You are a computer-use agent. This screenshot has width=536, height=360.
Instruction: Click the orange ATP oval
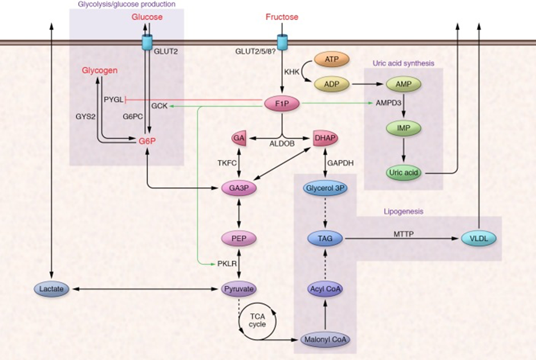click(332, 59)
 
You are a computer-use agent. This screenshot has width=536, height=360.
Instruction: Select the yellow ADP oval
click(332, 84)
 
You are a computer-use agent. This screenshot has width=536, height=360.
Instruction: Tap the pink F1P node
click(282, 103)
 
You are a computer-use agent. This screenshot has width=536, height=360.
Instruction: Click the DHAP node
click(325, 138)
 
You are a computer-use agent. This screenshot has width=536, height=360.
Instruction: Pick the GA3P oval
click(239, 188)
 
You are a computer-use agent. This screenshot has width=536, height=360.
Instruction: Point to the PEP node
click(239, 238)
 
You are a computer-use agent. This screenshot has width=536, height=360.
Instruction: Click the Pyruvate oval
click(239, 289)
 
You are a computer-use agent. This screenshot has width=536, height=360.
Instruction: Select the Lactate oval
click(52, 289)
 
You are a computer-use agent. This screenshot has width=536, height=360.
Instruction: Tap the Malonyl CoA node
click(325, 340)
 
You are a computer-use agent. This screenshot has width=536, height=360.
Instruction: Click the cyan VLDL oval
click(479, 238)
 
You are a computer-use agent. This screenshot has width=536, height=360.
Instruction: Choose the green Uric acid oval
click(404, 173)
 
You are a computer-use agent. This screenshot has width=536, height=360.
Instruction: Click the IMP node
click(404, 128)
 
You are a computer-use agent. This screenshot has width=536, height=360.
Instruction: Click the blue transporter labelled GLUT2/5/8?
click(282, 42)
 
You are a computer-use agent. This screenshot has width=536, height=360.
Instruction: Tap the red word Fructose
click(282, 17)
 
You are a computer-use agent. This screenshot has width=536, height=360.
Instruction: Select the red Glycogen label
click(100, 71)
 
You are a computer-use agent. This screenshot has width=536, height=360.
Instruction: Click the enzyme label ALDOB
click(282, 144)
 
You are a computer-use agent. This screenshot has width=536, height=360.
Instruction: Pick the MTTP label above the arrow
click(404, 234)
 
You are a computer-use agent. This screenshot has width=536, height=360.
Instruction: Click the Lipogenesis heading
click(404, 212)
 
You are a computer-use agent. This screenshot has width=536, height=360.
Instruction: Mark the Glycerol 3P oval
click(325, 188)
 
